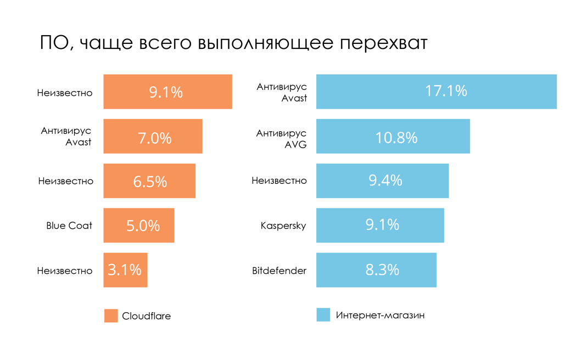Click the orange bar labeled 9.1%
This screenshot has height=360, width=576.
click(167, 92)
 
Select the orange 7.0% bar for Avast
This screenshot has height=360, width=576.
click(153, 136)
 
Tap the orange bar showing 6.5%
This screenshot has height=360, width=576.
click(149, 181)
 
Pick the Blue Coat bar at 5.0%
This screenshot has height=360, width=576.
click(139, 225)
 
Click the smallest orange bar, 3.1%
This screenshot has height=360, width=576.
click(125, 270)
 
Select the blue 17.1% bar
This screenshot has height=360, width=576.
click(436, 92)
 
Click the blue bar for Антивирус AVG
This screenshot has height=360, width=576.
click(393, 136)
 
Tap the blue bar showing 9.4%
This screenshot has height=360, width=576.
click(382, 181)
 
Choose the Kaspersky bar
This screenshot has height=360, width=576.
click(380, 225)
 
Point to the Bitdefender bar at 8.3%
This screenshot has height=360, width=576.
click(376, 270)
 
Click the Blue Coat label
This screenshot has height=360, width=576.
click(69, 226)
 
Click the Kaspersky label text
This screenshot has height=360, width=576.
click(283, 226)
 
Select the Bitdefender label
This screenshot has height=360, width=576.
click(279, 271)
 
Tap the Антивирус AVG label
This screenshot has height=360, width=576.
click(281, 139)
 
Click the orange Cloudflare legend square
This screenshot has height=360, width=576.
click(111, 316)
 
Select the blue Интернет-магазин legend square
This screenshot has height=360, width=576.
click(323, 314)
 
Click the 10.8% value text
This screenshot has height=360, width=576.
click(396, 137)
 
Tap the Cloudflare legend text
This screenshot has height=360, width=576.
click(146, 316)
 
